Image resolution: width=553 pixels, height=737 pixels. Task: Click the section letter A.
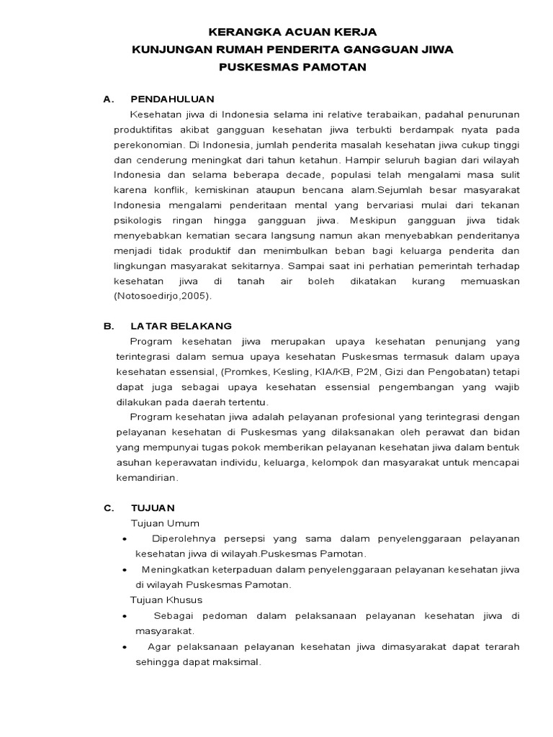tap(108, 99)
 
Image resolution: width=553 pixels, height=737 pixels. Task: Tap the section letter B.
tap(108, 326)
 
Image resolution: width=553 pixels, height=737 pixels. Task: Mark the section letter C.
tap(108, 507)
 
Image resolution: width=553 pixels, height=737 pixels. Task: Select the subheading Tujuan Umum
tap(164, 523)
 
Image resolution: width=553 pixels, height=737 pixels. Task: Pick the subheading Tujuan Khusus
tap(166, 600)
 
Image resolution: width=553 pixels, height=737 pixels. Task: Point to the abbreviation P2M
tap(373, 371)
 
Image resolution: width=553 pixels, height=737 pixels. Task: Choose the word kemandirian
tap(146, 477)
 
